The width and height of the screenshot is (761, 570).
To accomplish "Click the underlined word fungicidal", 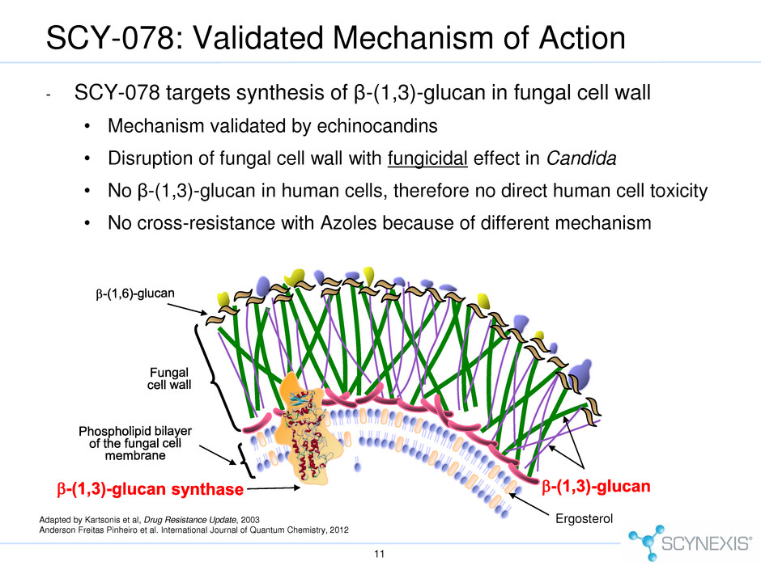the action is pyautogui.click(x=427, y=158).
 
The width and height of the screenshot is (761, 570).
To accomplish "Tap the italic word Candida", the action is pyautogui.click(x=581, y=158).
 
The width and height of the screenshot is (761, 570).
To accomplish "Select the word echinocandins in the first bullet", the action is pyautogui.click(x=377, y=126).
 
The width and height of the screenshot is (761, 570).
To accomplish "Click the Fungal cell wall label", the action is pyautogui.click(x=169, y=378).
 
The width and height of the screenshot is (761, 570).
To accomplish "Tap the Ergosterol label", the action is pyautogui.click(x=584, y=518).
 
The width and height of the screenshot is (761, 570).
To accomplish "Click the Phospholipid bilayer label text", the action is pyautogui.click(x=135, y=443).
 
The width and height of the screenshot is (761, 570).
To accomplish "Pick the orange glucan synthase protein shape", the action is pyautogui.click(x=308, y=429).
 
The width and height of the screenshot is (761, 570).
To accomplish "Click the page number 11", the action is pyautogui.click(x=380, y=554).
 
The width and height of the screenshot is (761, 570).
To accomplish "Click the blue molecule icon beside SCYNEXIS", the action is pyautogui.click(x=645, y=542).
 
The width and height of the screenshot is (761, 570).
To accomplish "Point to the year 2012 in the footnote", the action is pyautogui.click(x=339, y=530).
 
